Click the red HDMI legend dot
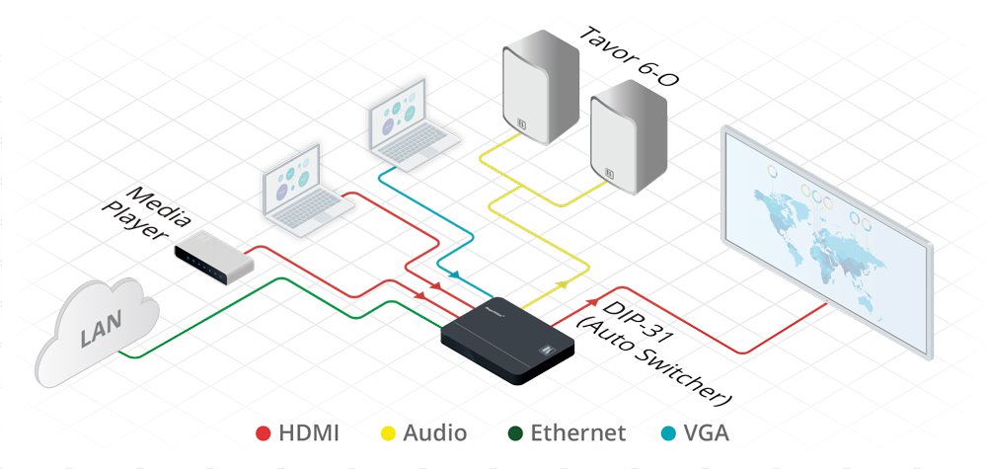[263, 432]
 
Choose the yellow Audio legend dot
[388, 432]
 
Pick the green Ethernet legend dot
[512, 432]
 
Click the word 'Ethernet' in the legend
[577, 432]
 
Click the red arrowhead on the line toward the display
[591, 302]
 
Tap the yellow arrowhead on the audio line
[561, 283]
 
